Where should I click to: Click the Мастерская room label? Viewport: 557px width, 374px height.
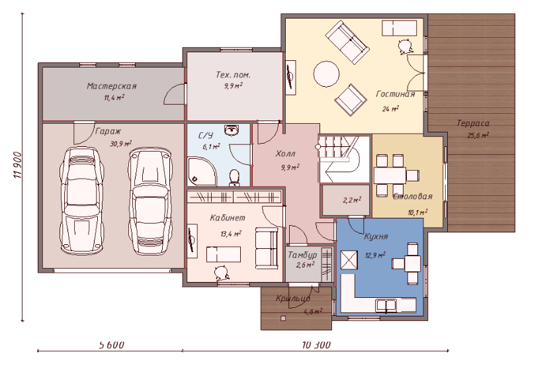[x=112, y=85]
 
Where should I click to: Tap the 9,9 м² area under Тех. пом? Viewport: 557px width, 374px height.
[x=233, y=85]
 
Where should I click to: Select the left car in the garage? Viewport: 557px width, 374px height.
[x=83, y=200]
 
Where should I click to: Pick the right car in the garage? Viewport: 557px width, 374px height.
[x=150, y=202]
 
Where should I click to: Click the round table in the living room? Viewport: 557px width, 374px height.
[x=326, y=74]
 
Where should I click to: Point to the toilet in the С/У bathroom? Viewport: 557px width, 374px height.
[x=234, y=178]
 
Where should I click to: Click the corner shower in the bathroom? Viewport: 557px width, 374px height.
[x=201, y=171]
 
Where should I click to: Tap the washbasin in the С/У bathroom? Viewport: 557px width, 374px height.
[x=232, y=130]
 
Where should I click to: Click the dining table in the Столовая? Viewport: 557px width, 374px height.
[x=390, y=175]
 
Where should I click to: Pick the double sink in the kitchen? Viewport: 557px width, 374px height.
[x=386, y=305]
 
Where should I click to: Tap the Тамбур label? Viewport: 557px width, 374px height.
[x=302, y=255]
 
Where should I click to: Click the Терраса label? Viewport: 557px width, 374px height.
[x=473, y=123]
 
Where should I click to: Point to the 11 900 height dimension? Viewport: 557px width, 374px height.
[x=18, y=165]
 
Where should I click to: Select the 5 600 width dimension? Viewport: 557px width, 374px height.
[x=111, y=345]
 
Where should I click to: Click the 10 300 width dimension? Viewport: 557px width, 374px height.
[x=316, y=345]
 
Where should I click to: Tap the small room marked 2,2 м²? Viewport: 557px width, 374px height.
[x=345, y=200]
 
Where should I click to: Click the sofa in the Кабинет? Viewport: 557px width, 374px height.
[x=267, y=248]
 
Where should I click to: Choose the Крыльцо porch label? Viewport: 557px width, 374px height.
[x=294, y=299]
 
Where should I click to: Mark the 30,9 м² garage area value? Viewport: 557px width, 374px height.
[x=121, y=144]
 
